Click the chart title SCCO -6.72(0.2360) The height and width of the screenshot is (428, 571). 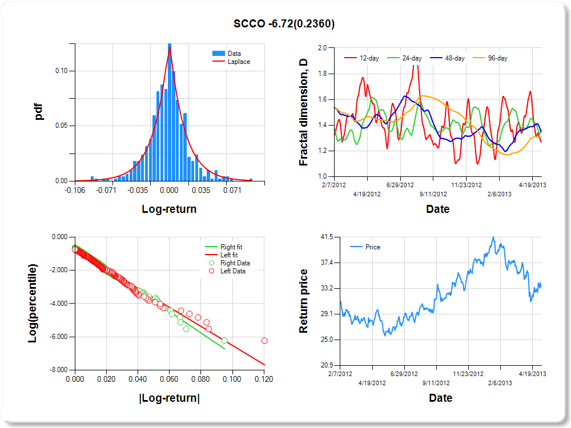click(284, 23)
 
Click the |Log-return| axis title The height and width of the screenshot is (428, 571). click(169, 398)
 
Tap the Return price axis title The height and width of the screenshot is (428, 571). click(303, 301)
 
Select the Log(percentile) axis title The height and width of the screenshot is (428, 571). click(34, 303)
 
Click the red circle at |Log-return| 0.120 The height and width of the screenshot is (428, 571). click(264, 341)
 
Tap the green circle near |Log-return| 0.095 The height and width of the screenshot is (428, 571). click(224, 341)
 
